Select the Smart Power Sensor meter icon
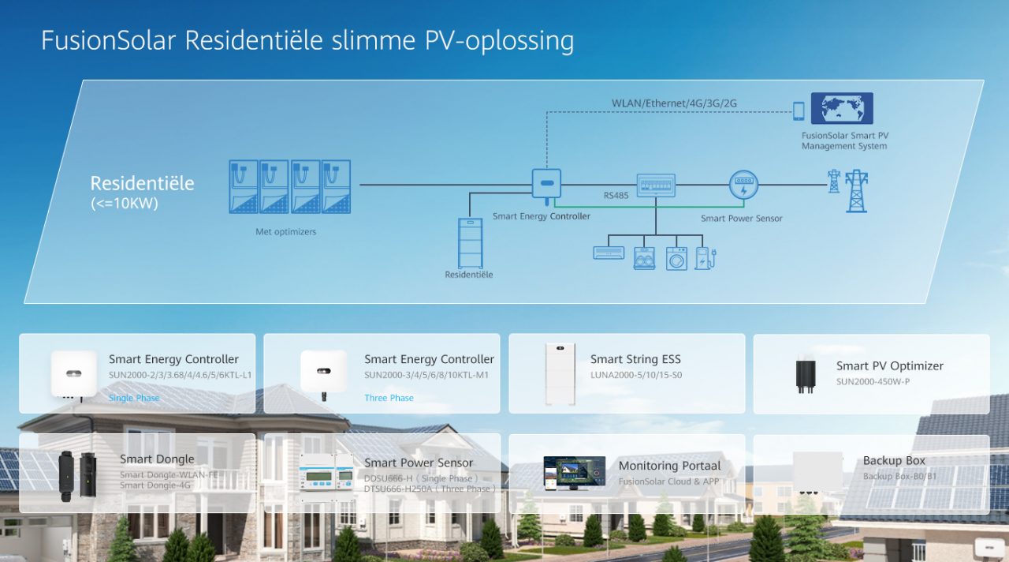[x=743, y=185]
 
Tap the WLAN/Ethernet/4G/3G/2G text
[x=674, y=103]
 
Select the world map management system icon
[x=842, y=109]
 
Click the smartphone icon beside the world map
[x=799, y=111]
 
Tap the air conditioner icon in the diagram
[x=608, y=253]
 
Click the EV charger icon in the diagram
[x=705, y=257]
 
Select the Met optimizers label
[x=285, y=232]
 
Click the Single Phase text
[x=134, y=398]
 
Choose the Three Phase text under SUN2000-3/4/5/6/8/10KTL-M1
[x=389, y=398]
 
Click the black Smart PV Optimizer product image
[x=806, y=376]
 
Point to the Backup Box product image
[x=817, y=473]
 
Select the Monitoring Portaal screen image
[x=574, y=472]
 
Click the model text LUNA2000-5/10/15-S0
[x=636, y=375]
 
